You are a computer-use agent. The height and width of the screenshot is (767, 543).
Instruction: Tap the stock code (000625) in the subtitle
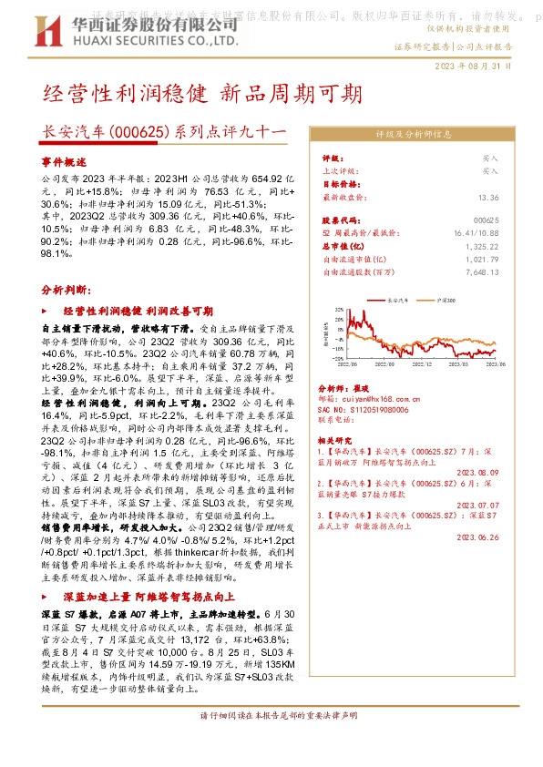coord(138,133)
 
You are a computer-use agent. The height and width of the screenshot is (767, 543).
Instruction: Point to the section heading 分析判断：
coord(66,289)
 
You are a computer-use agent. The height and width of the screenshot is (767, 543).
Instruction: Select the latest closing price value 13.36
coord(488,197)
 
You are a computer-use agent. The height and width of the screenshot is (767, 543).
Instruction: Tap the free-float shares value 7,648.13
coord(482,271)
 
